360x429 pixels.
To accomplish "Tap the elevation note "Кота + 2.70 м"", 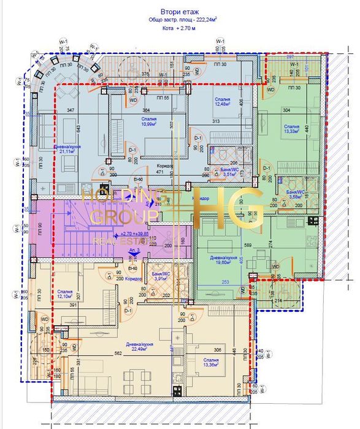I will [179, 28].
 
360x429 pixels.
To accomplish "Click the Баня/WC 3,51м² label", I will [229, 172].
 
